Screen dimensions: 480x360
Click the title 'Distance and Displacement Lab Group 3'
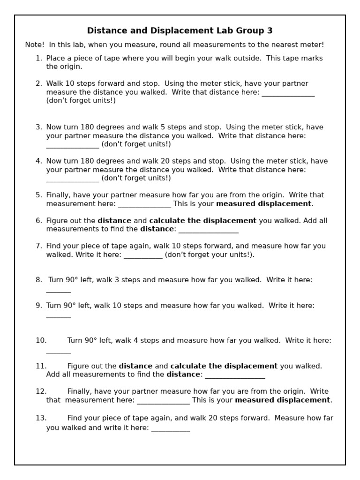point(180,31)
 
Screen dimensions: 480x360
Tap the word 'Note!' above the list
point(35,45)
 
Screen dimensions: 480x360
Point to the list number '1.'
point(39,59)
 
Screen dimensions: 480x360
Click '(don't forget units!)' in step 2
point(81,101)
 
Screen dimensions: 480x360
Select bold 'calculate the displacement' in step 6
point(202,221)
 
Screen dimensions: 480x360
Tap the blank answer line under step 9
point(59,317)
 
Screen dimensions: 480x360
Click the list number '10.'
point(41,341)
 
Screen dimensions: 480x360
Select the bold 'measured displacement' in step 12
point(283,400)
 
